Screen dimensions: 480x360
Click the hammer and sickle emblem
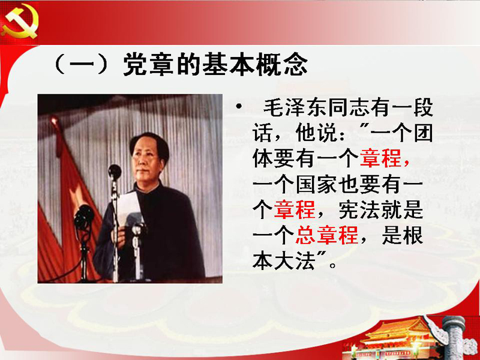point(20,22)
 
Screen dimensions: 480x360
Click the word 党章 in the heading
point(149,64)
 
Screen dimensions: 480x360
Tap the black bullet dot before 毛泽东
point(239,107)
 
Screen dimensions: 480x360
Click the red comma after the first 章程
point(407,163)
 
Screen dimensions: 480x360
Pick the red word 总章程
point(326,235)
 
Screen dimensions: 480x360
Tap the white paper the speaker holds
point(128,208)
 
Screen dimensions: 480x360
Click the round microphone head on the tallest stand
point(115,172)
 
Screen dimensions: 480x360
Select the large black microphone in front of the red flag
point(84,217)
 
